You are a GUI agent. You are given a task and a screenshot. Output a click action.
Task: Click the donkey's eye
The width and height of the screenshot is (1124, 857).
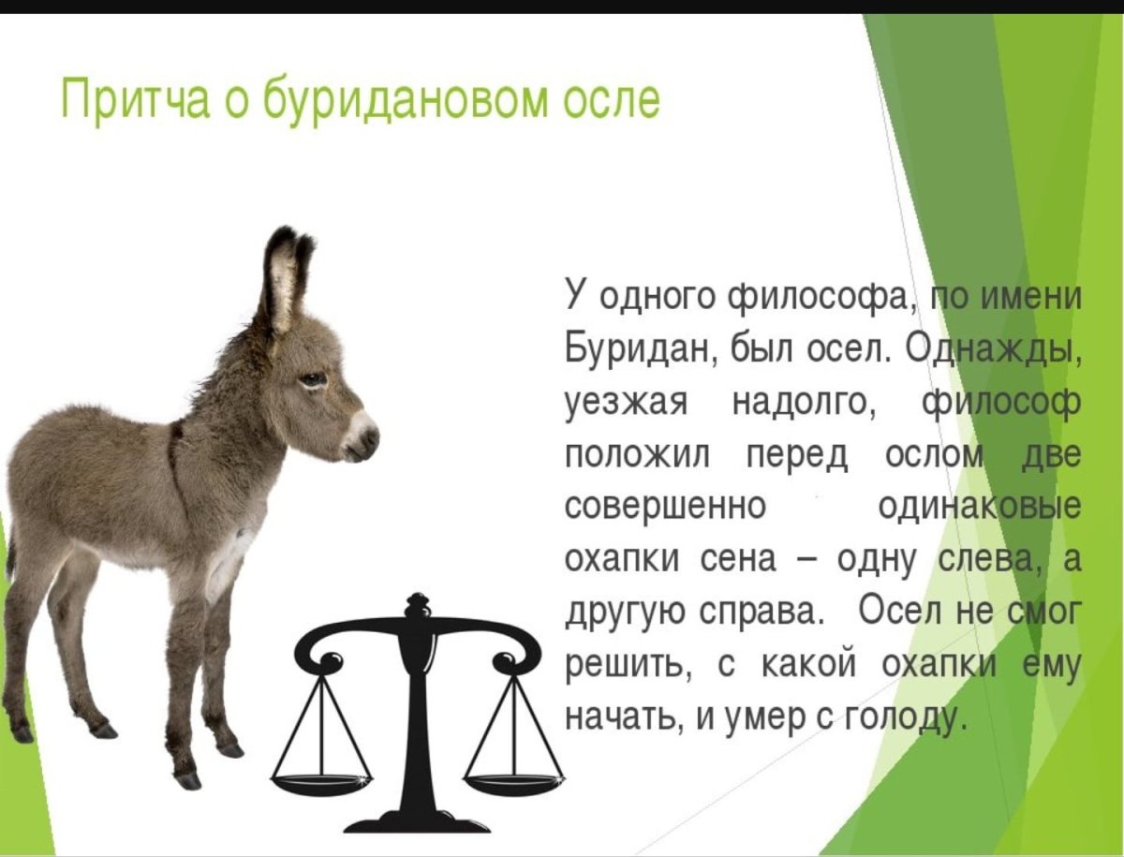point(313,379)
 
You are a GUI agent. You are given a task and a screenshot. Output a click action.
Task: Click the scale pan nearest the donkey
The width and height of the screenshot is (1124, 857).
point(321,779)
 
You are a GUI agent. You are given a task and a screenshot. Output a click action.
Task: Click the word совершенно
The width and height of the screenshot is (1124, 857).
point(667,509)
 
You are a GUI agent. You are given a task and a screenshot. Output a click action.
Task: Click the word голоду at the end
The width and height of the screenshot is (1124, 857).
point(904,719)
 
